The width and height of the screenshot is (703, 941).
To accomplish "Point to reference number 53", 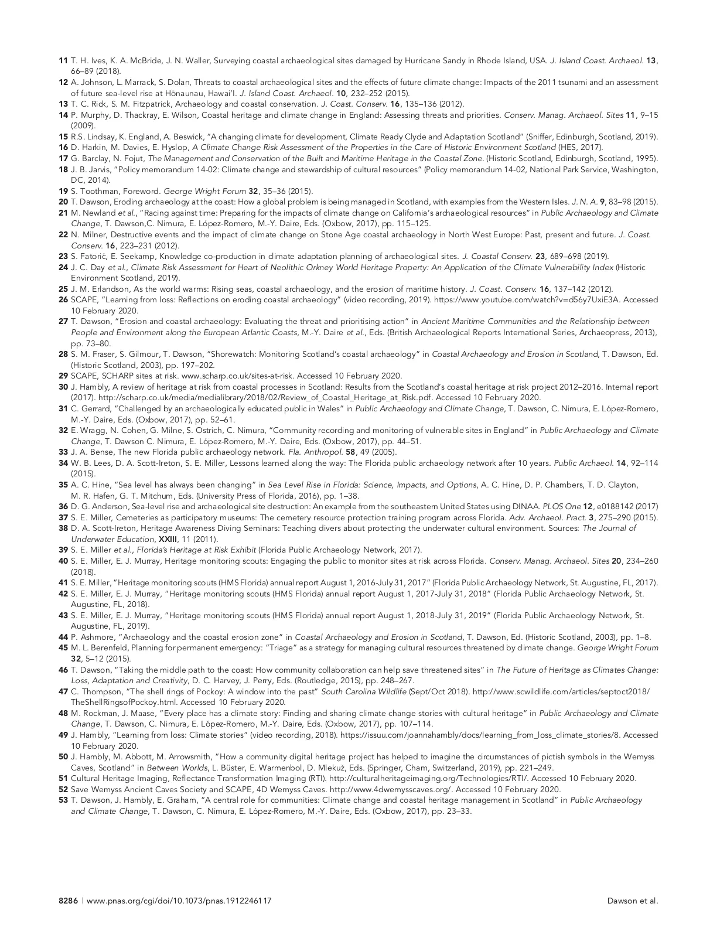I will coord(63,800).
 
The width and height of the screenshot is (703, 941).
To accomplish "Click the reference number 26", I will coord(63,299).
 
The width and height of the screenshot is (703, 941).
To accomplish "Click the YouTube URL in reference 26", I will coord(500,299).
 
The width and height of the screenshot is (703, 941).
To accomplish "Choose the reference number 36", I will coord(63,506).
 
